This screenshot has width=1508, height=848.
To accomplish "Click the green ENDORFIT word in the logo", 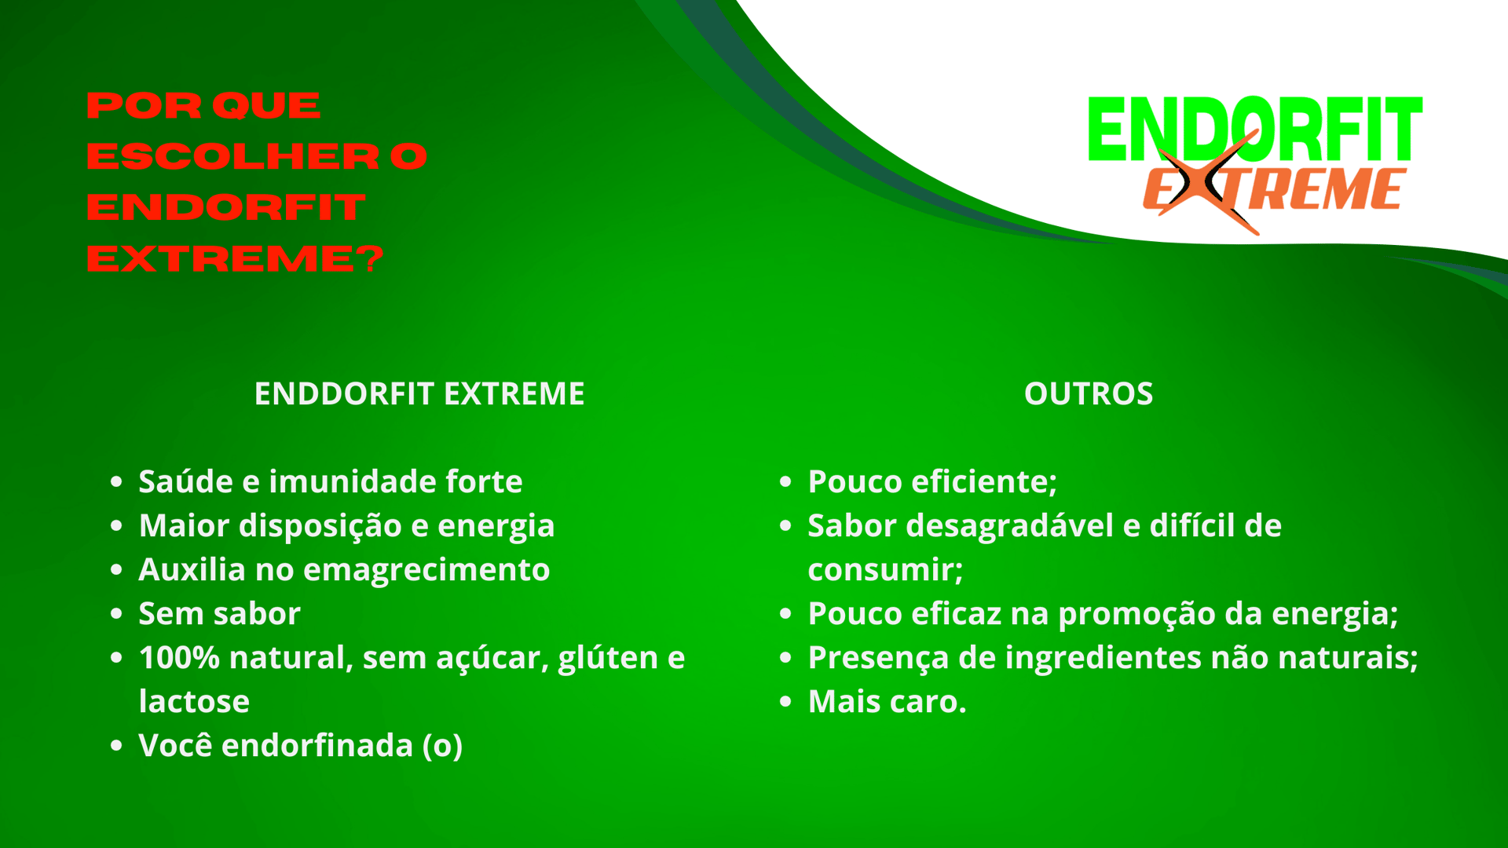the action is pyautogui.click(x=1255, y=130).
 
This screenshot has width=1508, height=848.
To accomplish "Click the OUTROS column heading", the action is pyautogui.click(x=1089, y=393).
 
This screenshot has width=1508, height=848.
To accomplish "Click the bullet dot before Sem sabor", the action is pyautogui.click(x=116, y=613).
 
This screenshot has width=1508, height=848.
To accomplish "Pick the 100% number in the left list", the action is pyautogui.click(x=179, y=657).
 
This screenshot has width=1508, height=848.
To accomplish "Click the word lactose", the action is pyautogui.click(x=194, y=701).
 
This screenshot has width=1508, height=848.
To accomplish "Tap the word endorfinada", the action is pyautogui.click(x=317, y=745).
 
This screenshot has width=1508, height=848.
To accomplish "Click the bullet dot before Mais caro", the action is pyautogui.click(x=785, y=701).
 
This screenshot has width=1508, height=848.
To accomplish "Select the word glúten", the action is pyautogui.click(x=608, y=658).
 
